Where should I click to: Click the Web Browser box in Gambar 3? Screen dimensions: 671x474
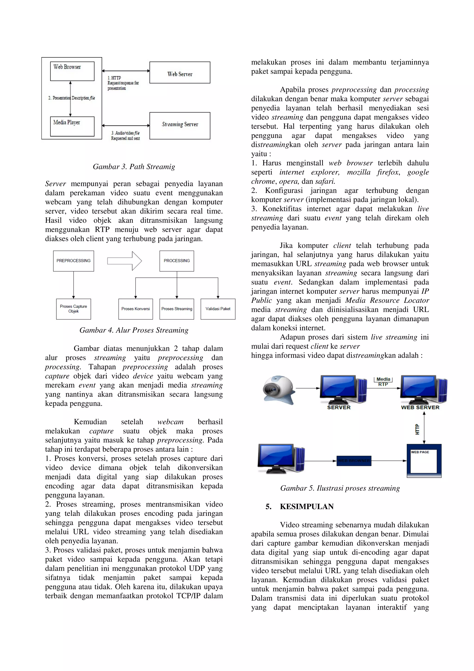point(72,71)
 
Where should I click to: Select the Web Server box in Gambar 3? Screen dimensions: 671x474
point(180,72)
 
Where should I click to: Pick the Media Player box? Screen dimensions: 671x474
point(72,126)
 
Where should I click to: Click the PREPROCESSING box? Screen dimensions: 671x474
point(73,261)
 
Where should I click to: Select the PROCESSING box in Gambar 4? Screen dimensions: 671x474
point(176,261)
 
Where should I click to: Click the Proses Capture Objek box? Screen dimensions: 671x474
point(73,309)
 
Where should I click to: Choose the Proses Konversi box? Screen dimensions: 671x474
point(136,309)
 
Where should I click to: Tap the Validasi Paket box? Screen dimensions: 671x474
point(218,309)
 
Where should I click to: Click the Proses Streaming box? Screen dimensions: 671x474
point(177,309)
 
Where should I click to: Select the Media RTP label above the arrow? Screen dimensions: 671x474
point(383,382)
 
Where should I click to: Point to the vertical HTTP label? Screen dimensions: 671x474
point(417,429)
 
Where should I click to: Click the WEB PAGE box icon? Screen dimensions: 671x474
point(424,461)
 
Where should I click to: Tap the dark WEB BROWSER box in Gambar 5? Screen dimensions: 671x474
point(354,461)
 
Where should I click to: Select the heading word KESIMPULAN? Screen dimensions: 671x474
point(307,506)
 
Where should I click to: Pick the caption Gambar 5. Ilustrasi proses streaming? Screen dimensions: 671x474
point(340,488)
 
